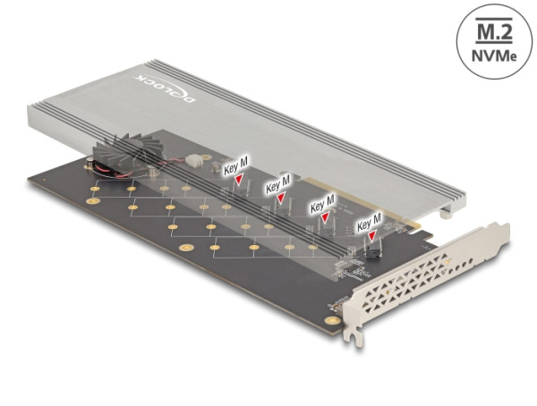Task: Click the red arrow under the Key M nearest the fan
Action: point(239,180)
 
